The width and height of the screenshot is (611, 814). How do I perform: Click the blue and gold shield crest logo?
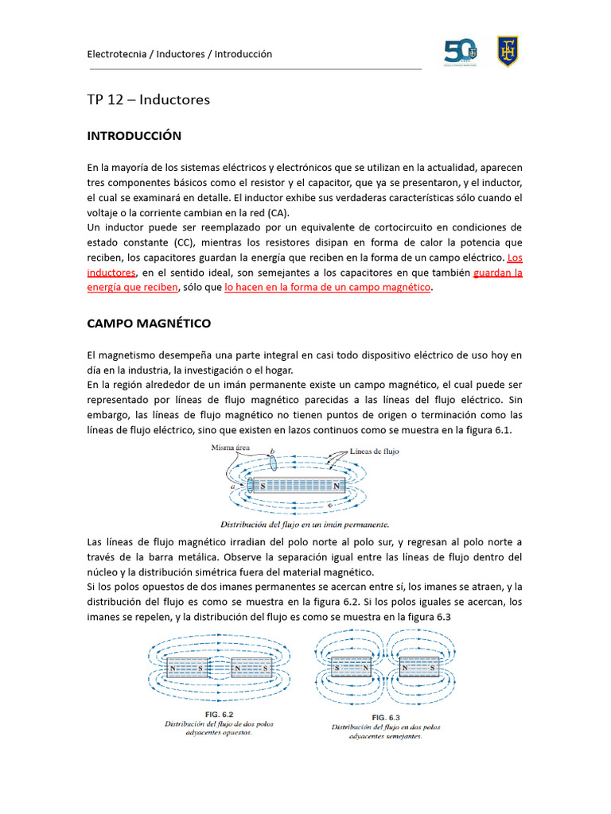(508, 52)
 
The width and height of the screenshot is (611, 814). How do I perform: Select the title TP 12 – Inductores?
(148, 99)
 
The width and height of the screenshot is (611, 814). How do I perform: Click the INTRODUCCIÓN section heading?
(134, 136)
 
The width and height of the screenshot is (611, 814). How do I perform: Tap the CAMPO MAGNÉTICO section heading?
(148, 324)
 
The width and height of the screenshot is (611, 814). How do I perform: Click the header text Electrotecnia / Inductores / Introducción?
(179, 54)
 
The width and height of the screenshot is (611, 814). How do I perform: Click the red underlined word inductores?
(111, 273)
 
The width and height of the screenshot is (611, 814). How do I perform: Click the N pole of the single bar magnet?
(337, 485)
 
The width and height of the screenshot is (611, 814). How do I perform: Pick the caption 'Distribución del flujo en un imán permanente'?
(304, 525)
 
